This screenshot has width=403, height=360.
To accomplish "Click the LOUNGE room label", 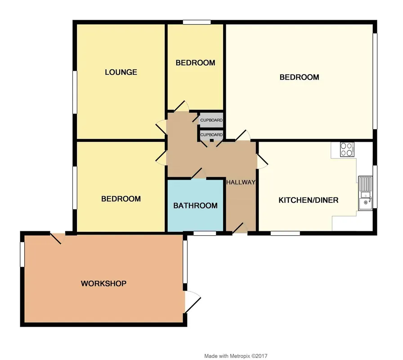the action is (121, 72).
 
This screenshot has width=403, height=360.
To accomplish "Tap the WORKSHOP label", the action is (103, 283).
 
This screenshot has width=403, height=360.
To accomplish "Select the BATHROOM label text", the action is (195, 206).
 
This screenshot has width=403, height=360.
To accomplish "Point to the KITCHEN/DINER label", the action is (309, 200).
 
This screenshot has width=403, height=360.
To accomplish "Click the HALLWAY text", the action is (241, 182).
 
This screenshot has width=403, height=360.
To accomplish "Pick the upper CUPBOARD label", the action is (211, 120).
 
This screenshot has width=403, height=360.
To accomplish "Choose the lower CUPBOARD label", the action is (211, 135).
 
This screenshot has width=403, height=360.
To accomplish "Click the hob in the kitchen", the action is (347, 149).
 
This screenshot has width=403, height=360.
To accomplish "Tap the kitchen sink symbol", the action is (365, 193).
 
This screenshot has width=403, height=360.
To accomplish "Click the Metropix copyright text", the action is (236, 356).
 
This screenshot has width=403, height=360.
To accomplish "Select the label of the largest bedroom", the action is (299, 77).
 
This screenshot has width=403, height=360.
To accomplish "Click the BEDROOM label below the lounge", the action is (121, 199).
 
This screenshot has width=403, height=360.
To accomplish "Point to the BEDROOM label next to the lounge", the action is (195, 63).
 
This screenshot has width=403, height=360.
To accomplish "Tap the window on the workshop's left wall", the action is (22, 254).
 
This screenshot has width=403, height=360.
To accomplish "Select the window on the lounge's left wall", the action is (75, 92).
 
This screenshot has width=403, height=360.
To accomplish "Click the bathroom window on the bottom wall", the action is (205, 233).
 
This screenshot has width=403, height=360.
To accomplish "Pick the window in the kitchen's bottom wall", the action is (285, 233).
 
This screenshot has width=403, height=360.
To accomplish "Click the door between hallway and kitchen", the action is (262, 162).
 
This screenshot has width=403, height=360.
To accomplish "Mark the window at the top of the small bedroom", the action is (197, 22).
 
